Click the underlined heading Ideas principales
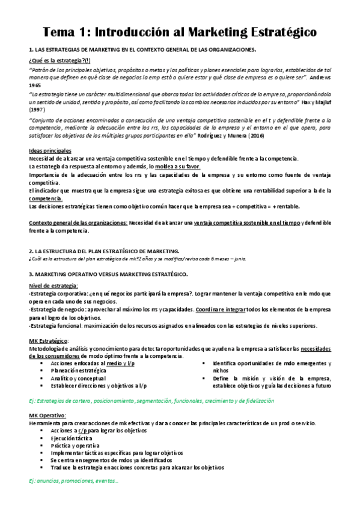(x=50, y=150)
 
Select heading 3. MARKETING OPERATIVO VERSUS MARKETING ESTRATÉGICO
(x=108, y=274)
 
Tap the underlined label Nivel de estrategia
(x=53, y=285)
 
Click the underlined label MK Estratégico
(x=48, y=341)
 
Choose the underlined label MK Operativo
(x=47, y=416)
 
